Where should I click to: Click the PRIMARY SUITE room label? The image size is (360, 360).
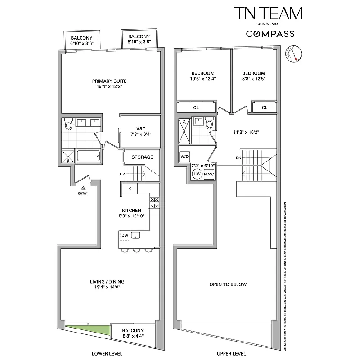[x=109, y=81]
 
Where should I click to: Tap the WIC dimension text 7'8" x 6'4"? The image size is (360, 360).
[x=140, y=134]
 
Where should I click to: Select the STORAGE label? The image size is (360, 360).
[x=142, y=157]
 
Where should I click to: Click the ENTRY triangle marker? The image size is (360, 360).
[x=82, y=188]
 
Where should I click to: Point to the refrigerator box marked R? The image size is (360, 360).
[x=129, y=189]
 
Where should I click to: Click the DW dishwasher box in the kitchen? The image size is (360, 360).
[x=125, y=235]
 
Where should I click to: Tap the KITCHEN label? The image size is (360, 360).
[x=132, y=210]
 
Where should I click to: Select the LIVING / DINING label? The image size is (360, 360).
[x=109, y=282]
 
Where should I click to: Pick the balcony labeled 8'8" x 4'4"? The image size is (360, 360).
[x=134, y=333]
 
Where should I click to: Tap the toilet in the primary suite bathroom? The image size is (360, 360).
[x=68, y=124]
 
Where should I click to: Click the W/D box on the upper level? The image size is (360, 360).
[x=185, y=156]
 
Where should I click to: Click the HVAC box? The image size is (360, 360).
[x=208, y=174]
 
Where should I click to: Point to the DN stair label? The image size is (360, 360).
[x=239, y=158]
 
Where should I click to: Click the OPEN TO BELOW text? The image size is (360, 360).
[x=228, y=284]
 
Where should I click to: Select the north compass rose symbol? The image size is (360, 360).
[x=295, y=54]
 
